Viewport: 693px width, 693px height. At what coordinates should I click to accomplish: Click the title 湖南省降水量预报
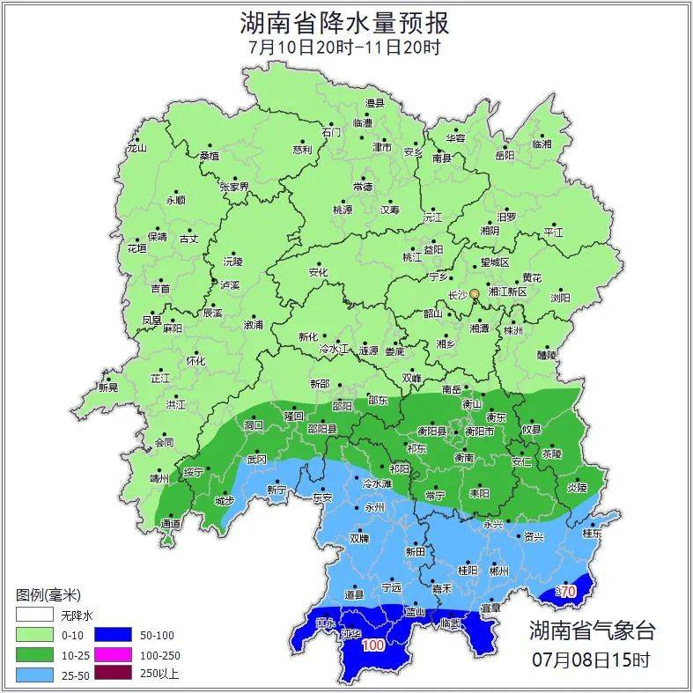point(345,21)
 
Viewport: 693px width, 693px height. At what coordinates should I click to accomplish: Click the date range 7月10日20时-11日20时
point(345,47)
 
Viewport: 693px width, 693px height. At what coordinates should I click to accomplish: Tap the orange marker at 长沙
point(475,293)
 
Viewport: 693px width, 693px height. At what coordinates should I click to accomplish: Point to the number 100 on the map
point(372,645)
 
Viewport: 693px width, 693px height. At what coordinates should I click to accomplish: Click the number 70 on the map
point(568,592)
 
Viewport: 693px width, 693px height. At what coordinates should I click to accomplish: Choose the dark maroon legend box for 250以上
point(113,675)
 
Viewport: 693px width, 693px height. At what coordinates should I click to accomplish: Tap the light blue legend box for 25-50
point(33,675)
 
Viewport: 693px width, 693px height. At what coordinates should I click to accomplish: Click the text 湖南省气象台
point(592,630)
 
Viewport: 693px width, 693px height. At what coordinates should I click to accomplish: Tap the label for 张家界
point(234,187)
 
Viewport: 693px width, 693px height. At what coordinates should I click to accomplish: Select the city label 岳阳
point(504,156)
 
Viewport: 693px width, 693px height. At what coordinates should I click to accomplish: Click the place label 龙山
point(136,148)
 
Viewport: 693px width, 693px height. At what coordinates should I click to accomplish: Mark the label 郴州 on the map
point(498,571)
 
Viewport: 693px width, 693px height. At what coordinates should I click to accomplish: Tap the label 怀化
point(195,361)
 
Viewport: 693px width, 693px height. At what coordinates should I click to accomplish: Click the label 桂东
point(593,533)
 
